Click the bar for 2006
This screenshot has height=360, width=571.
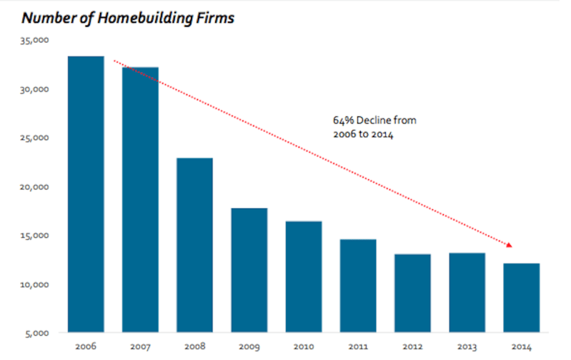coord(86,194)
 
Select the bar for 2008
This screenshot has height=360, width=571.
coord(195,245)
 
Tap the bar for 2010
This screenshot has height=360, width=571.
coord(304,276)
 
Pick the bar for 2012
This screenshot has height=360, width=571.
coord(412,293)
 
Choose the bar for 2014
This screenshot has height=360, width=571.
coord(522,298)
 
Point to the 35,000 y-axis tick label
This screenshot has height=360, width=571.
coord(34,41)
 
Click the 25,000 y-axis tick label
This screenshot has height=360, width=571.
coord(34,138)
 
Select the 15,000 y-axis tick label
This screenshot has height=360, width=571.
coord(34,236)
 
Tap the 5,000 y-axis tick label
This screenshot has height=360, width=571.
coord(36,334)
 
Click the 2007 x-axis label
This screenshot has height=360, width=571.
coord(140,346)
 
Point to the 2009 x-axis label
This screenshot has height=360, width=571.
coord(249,346)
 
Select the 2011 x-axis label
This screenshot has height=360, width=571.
coord(358,346)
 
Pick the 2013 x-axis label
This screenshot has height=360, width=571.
coord(467,346)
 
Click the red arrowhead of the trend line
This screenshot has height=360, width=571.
coord(509,245)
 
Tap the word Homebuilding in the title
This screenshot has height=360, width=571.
coord(145,18)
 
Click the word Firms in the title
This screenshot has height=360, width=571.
coord(216,18)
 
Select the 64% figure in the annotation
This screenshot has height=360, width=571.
coord(344,121)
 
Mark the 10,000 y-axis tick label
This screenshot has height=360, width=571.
coord(34,285)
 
